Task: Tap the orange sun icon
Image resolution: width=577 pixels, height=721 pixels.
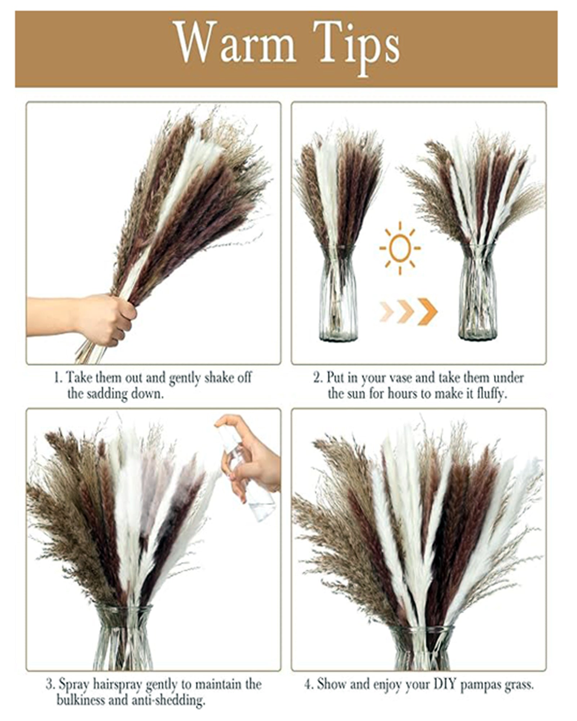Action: pyautogui.click(x=400, y=248)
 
